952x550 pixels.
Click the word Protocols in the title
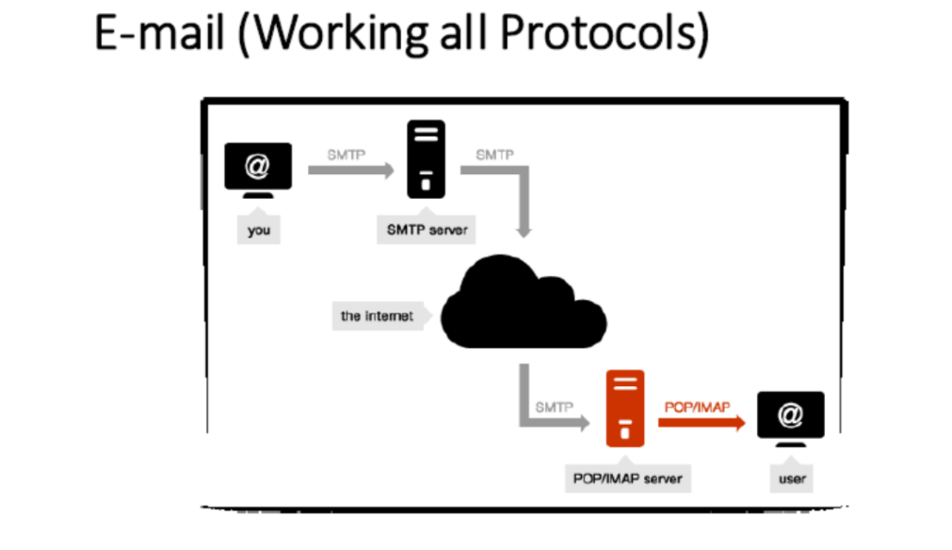point(605,33)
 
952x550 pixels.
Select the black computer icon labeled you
point(258,170)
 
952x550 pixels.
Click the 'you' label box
point(259,229)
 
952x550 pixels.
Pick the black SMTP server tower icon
point(426,159)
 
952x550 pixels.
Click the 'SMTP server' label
point(427,229)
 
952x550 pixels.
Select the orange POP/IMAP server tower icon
point(625,409)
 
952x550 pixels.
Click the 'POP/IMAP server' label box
point(628,477)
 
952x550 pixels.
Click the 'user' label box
point(792,477)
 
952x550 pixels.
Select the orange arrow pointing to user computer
point(702,423)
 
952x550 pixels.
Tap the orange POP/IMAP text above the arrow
point(697,408)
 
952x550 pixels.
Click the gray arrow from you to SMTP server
point(351,170)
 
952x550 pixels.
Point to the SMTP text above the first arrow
point(347,154)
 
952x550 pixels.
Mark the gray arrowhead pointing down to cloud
point(524,231)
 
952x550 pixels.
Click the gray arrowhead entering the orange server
point(584,423)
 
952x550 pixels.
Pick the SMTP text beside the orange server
point(554,408)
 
